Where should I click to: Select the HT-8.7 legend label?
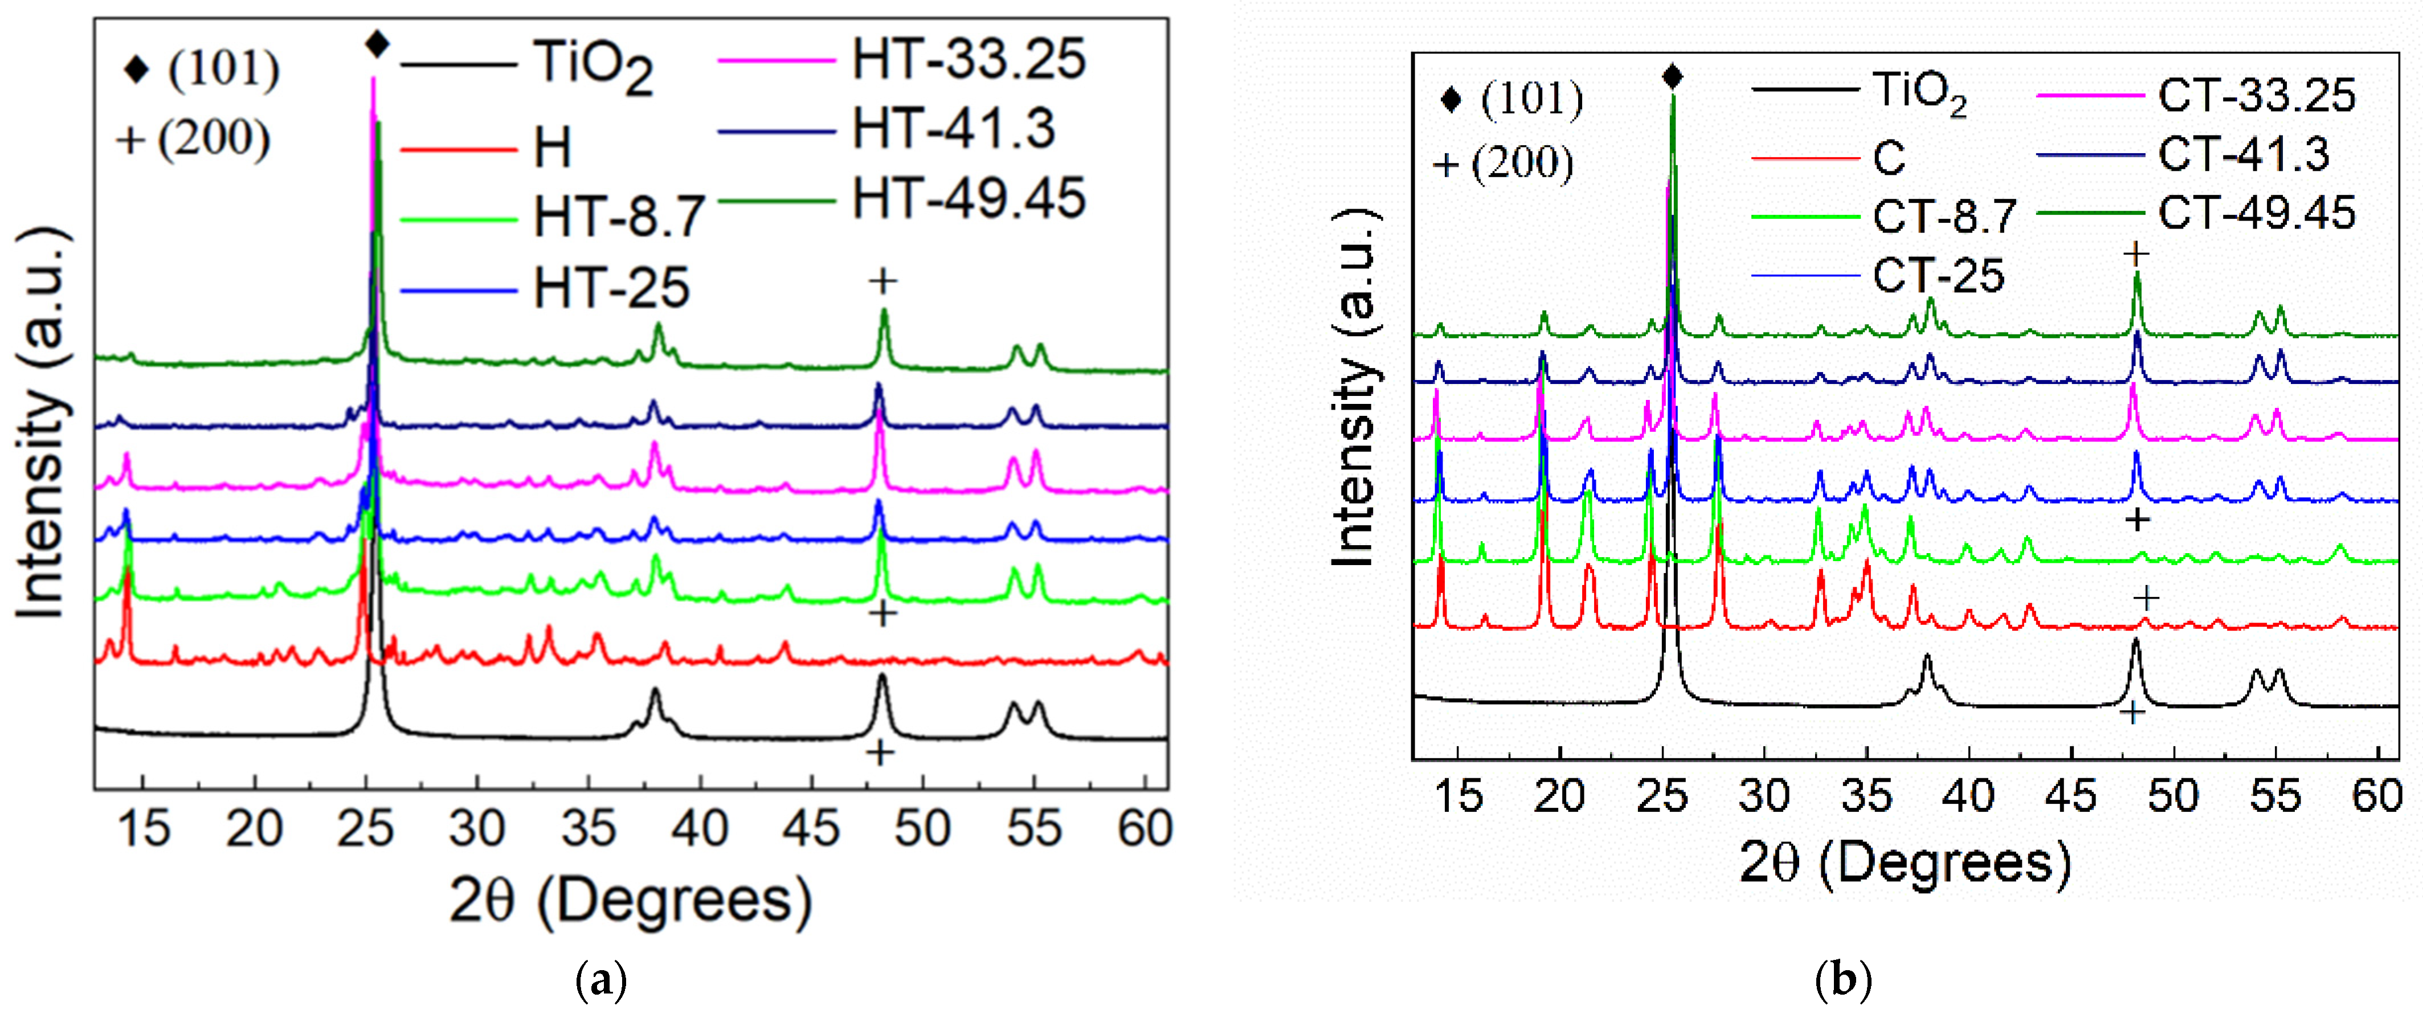click(619, 218)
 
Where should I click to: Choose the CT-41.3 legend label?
click(2244, 154)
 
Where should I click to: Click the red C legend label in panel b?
click(1889, 158)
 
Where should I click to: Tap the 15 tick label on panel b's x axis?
click(1459, 796)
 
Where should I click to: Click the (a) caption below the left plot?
click(599, 982)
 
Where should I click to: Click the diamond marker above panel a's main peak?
click(377, 43)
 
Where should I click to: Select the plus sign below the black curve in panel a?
click(880, 753)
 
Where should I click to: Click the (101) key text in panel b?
click(1531, 100)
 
